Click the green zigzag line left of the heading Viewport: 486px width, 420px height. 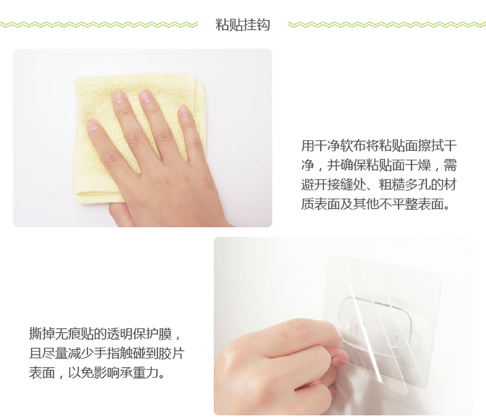tap(99, 24)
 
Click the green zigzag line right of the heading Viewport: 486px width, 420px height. tap(387, 24)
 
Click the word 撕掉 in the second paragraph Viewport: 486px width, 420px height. tap(42, 334)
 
